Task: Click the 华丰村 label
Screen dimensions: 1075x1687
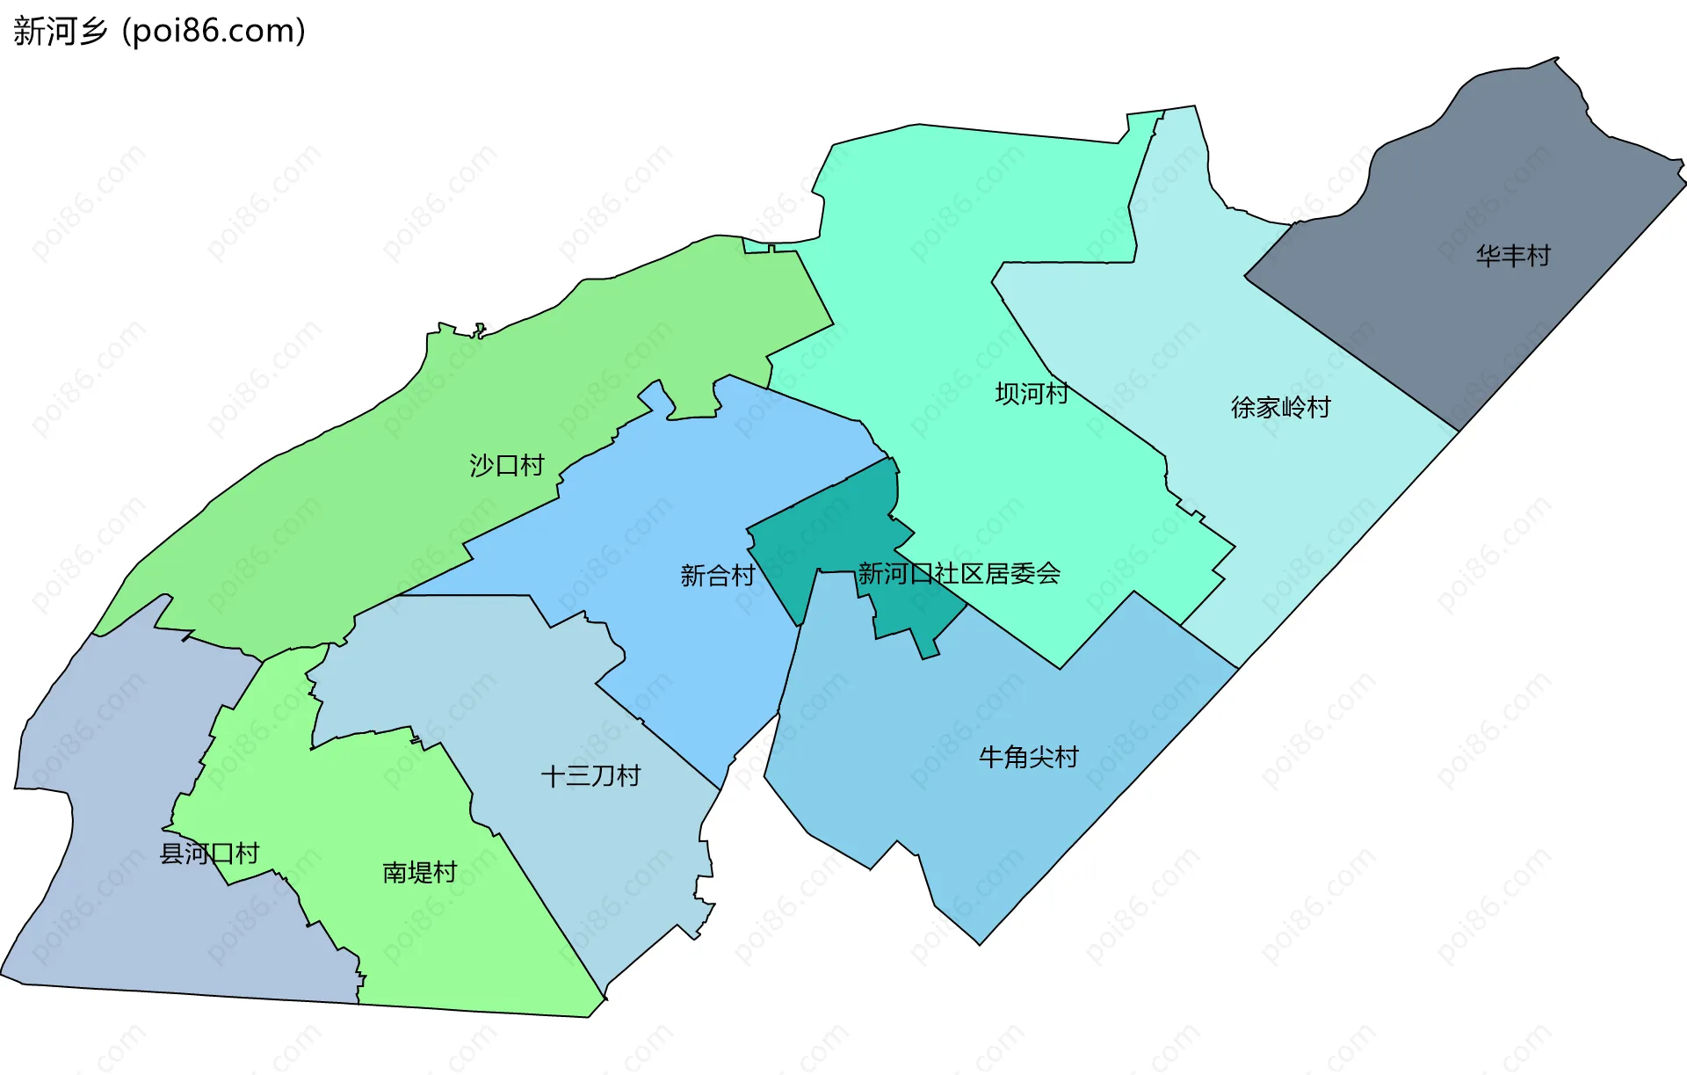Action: pos(1513,256)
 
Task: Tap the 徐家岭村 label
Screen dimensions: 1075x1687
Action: pos(1280,407)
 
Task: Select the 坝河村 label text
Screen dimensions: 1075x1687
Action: pos(1032,393)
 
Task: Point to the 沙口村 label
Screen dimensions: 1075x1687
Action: pos(507,465)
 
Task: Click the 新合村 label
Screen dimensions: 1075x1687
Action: pos(717,576)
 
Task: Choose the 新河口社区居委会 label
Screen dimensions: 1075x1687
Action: pos(959,574)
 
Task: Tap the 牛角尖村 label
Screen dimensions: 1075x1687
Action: pos(1028,757)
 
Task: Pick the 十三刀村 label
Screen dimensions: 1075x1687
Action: pos(590,776)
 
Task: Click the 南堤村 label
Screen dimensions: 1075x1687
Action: pos(420,872)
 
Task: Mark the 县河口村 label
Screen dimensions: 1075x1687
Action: pos(209,853)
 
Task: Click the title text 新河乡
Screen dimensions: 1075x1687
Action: pos(60,32)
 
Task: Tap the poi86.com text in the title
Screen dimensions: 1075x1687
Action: pos(214,32)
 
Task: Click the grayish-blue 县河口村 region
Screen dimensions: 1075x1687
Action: pos(114,923)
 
